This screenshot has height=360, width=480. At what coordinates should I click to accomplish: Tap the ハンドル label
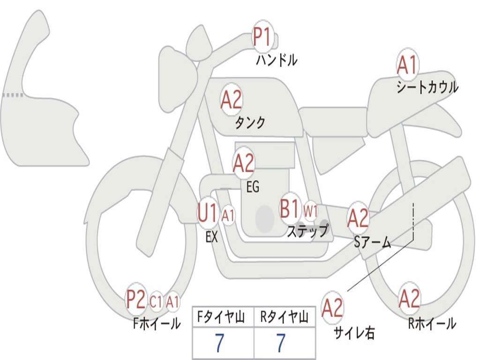point(277,60)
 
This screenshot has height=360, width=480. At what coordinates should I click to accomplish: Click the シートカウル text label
point(427,87)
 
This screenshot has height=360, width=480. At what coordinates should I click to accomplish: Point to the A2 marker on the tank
point(231,100)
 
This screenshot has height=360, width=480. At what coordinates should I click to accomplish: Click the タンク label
point(250,123)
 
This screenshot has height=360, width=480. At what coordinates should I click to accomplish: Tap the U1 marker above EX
point(208,213)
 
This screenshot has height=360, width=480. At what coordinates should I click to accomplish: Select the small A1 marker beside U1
point(228,216)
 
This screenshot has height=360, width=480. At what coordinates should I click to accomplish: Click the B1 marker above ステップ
point(290,209)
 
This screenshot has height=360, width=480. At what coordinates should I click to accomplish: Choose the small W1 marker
point(310,210)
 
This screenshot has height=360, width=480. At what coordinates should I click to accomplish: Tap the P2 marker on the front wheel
point(136,300)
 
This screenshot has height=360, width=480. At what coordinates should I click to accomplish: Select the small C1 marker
point(156,302)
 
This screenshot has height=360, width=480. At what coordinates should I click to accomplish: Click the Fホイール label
point(157,323)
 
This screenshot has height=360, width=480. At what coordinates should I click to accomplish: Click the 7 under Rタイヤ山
point(281,344)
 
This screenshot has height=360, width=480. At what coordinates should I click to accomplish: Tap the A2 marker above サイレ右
point(332,307)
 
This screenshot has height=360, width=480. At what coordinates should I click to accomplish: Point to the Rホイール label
point(432,323)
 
